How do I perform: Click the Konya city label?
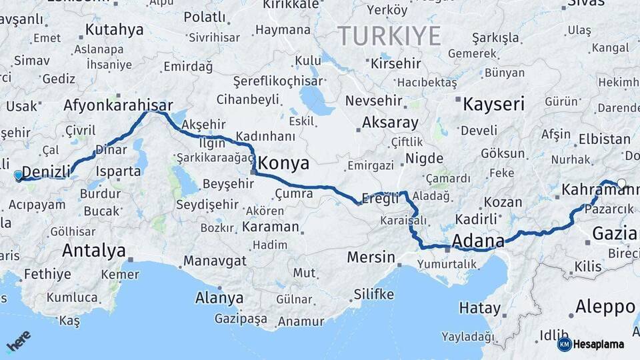[283, 163]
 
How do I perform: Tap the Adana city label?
[477, 240]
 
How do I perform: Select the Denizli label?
[47, 172]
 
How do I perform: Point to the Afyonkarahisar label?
[118, 105]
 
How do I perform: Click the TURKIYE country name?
[389, 35]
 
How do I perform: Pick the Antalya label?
[93, 251]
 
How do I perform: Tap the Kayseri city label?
[493, 104]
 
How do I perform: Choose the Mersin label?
[371, 257]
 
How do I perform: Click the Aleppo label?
[605, 307]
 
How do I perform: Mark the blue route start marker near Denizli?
[18, 175]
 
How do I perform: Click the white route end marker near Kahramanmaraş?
[621, 184]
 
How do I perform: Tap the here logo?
[18, 341]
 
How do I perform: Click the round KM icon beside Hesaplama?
[564, 344]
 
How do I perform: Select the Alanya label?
[219, 298]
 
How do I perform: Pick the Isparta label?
[119, 171]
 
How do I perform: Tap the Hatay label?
[480, 308]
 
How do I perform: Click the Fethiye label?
[47, 274]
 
